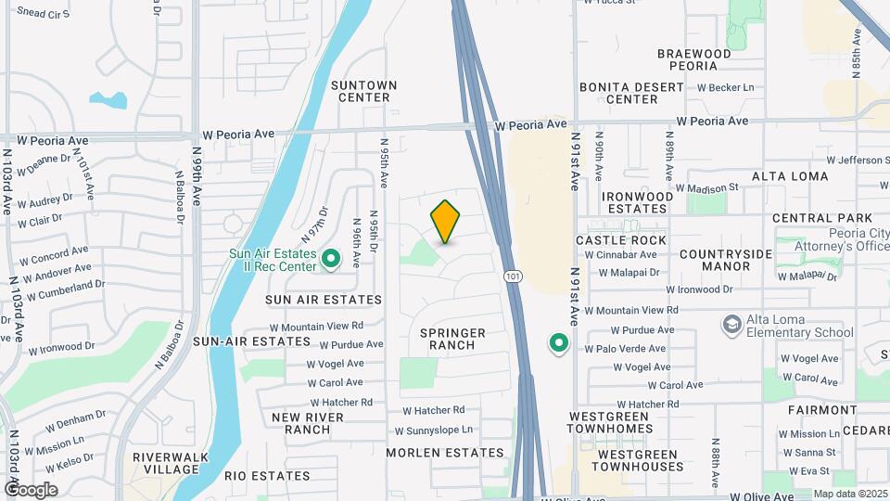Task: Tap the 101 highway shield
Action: click(513, 276)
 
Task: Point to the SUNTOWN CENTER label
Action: click(364, 91)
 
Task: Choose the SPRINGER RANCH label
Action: click(453, 339)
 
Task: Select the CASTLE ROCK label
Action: click(621, 239)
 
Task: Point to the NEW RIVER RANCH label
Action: click(308, 423)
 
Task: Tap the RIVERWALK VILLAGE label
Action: click(166, 463)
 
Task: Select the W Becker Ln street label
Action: click(726, 87)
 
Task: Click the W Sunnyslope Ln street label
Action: click(434, 430)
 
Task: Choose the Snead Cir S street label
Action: click(44, 13)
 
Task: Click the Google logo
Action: click(31, 489)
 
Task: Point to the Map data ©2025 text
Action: click(848, 495)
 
